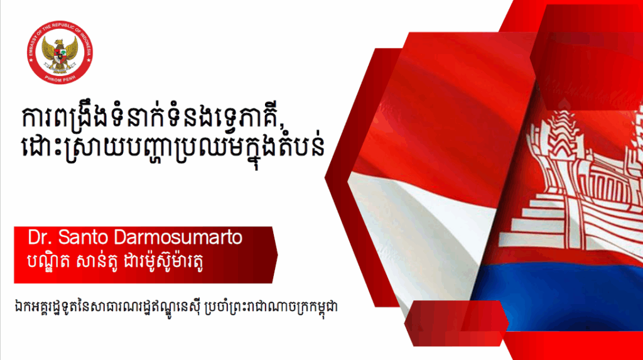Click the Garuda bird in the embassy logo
coord(60,53)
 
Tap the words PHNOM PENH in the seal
coord(60,79)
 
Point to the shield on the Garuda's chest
coord(60,55)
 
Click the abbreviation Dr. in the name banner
coord(40,237)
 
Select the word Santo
coord(84,237)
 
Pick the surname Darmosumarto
coord(178,237)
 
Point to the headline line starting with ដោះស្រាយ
coord(173,147)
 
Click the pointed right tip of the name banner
coord(277,255)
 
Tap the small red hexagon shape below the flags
coord(457,323)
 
